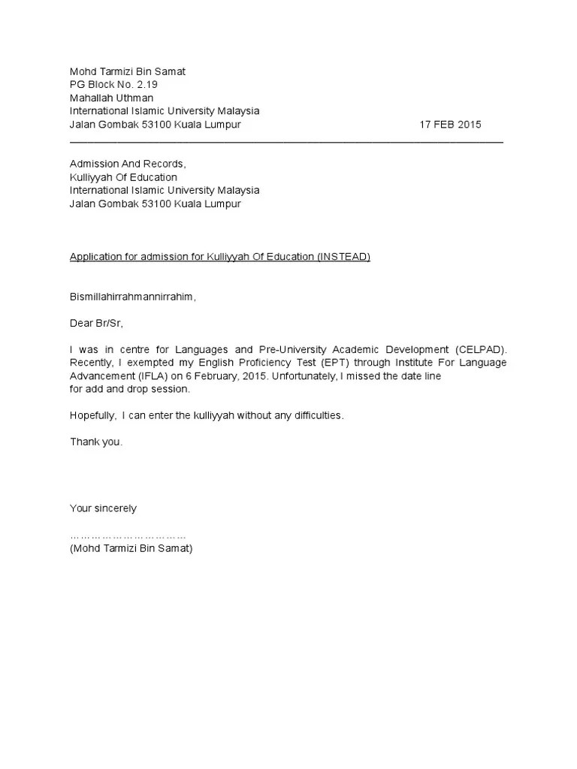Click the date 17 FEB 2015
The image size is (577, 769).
coord(450,125)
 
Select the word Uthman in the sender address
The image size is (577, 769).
coord(136,98)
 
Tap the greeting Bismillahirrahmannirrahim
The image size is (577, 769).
coord(132,297)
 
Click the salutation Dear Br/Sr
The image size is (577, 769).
coord(96,324)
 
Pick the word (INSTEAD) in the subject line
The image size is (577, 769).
coord(344,257)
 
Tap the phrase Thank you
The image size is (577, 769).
coord(96,442)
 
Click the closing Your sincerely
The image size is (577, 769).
coord(103,508)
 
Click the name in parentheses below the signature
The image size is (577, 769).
coord(131,549)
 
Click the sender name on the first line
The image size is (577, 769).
coord(127,71)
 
